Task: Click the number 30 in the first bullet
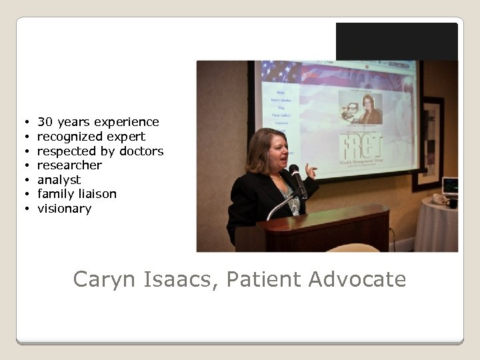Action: pos(45,122)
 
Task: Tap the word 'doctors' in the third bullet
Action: pos(141,151)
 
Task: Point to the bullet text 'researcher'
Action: pos(69,165)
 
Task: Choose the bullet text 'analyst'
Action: pos(59,180)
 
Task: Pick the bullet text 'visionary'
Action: pos(64,209)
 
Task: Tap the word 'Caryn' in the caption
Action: pos(105,279)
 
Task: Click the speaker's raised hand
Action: pos(310,171)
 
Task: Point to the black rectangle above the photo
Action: pos(397,41)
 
